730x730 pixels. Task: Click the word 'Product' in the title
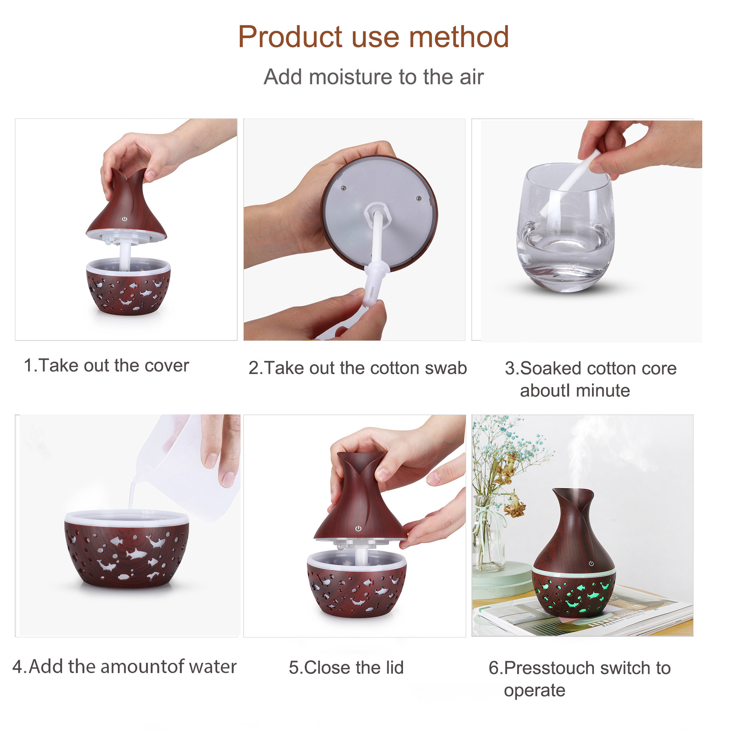(x=290, y=37)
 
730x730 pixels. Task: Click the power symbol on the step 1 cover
(x=124, y=219)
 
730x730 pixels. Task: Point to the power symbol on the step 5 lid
(x=358, y=528)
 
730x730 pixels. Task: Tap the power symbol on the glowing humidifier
(x=591, y=563)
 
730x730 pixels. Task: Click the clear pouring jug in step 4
(x=186, y=468)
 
